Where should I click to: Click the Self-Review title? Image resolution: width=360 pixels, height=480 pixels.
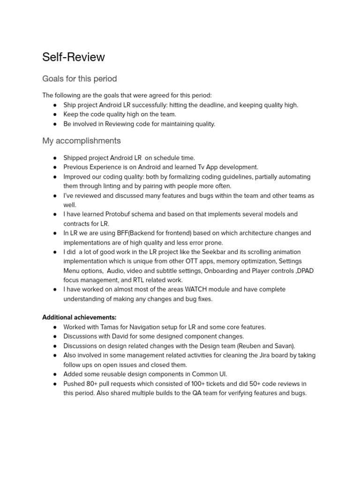pos(74,57)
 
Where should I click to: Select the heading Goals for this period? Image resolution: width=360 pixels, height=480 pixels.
pos(79,79)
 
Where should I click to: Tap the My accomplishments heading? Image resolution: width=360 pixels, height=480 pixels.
pos(81,141)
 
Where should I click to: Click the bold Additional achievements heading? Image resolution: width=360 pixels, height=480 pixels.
pos(79,317)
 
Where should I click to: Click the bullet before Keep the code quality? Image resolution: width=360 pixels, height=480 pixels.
pos(55,114)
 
